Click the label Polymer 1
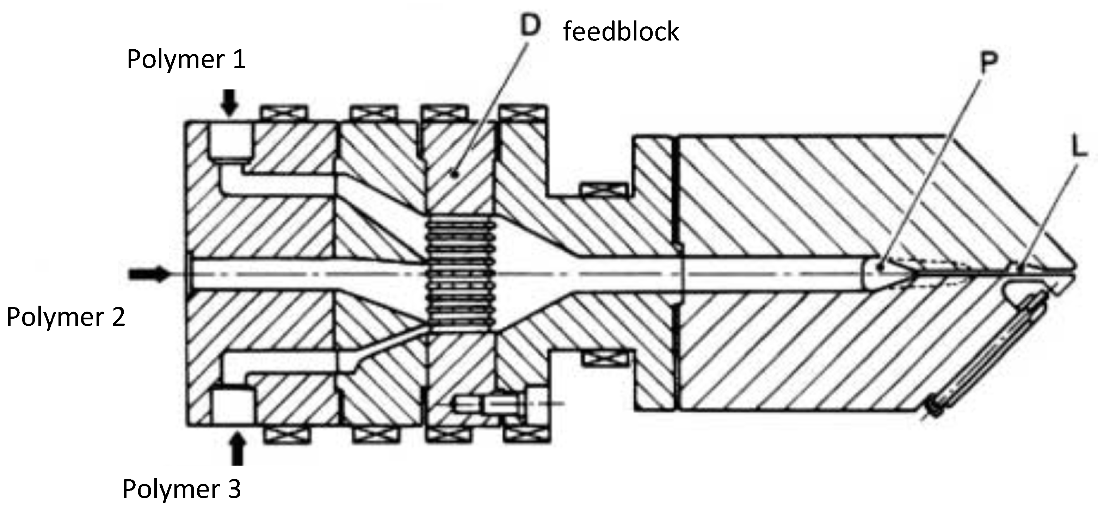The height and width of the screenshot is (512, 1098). (x=186, y=59)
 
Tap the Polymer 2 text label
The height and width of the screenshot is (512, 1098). (x=66, y=317)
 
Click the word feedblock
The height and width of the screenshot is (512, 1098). (x=621, y=32)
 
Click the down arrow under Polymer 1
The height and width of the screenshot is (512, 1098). (x=230, y=102)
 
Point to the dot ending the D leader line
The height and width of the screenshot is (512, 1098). (x=455, y=174)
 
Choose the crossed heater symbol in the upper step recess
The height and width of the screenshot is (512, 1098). (x=604, y=189)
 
